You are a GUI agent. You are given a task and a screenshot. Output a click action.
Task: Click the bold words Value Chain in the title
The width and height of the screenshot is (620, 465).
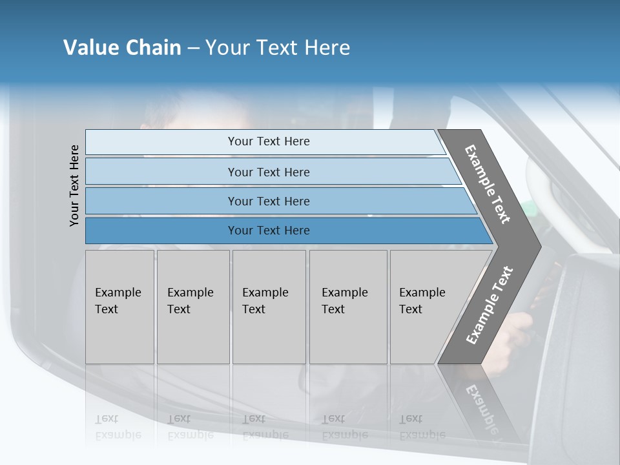122,48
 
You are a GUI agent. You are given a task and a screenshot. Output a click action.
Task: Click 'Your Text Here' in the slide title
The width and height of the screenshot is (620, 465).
278,48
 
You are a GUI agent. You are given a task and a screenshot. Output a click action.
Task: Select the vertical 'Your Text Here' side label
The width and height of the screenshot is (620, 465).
75,186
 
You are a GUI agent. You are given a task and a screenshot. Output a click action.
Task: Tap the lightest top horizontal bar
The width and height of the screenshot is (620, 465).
268,141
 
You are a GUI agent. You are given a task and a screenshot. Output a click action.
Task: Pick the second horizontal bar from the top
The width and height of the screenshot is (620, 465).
268,172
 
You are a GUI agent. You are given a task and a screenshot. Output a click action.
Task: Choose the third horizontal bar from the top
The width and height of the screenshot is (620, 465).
268,201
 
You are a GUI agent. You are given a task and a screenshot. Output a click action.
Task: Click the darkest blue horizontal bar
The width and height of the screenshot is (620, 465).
268,231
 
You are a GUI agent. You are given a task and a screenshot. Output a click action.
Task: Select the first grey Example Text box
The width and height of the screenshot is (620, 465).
119,307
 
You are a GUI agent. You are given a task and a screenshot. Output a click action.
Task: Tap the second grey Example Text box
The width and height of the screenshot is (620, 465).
192,307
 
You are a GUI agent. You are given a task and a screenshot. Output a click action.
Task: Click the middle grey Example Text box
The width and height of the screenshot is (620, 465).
269,307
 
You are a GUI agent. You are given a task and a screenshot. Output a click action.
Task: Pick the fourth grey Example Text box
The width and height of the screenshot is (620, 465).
348,307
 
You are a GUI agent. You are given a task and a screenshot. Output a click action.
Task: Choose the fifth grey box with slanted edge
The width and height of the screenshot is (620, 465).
426,307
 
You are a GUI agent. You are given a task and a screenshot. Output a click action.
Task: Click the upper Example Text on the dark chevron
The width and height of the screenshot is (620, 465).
488,184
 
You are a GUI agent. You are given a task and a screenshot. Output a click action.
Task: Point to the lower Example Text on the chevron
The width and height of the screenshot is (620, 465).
490,305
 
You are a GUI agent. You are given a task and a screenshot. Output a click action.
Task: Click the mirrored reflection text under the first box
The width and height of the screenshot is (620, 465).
118,427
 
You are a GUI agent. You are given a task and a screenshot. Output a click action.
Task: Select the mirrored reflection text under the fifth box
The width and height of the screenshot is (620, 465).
422,427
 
